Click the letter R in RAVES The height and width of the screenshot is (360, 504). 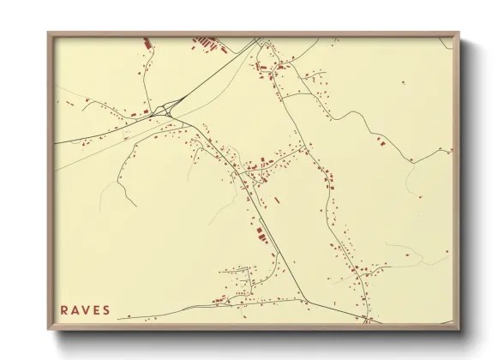[x=65, y=310]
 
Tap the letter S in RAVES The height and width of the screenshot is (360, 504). [x=106, y=310]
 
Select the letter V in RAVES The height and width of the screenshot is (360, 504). [x=86, y=310]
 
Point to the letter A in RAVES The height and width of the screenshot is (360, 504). [x=75, y=310]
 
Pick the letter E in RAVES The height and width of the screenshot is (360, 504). [x=96, y=310]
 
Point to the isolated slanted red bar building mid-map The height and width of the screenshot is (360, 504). [x=276, y=200]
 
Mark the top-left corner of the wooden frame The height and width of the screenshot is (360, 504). [x=49, y=33]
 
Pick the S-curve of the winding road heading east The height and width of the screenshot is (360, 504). [x=373, y=129]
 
